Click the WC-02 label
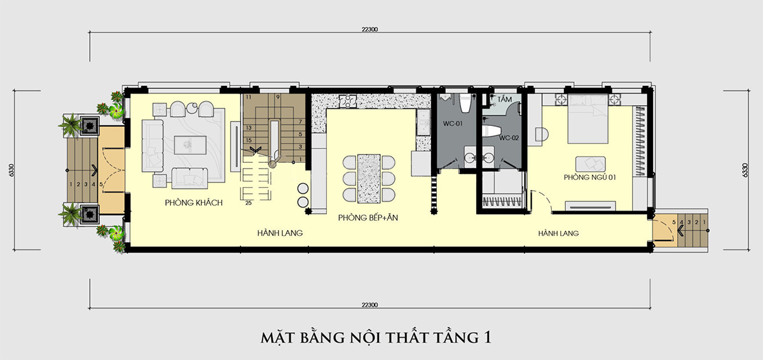coord(509,137)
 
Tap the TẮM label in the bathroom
coord(505,100)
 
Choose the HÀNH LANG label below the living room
coord(279,233)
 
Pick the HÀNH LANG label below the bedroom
coord(558,233)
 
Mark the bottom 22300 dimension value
coord(369,305)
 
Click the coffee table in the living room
coord(191,143)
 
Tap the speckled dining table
coord(368,176)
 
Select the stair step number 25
coord(249,204)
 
